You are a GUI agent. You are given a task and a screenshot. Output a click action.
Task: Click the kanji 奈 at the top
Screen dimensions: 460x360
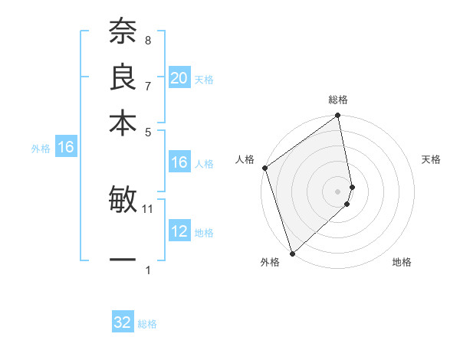pyautogui.click(x=123, y=33)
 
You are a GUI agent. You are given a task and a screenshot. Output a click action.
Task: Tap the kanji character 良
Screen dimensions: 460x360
pyautogui.click(x=123, y=78)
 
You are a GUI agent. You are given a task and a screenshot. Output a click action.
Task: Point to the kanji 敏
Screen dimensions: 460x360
pyautogui.click(x=123, y=201)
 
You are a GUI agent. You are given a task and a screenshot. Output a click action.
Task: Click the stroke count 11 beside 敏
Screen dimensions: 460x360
pyautogui.click(x=148, y=208)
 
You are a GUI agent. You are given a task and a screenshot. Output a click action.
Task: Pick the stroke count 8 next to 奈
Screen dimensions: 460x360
pyautogui.click(x=147, y=40)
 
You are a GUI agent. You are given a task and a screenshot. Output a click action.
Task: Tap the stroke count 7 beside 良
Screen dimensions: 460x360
pyautogui.click(x=147, y=85)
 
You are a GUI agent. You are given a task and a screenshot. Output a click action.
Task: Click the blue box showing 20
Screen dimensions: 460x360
pyautogui.click(x=179, y=78)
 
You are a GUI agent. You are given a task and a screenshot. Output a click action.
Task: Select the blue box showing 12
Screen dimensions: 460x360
pyautogui.click(x=179, y=231)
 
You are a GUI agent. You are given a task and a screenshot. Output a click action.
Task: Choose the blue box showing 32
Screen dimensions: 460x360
pyautogui.click(x=123, y=322)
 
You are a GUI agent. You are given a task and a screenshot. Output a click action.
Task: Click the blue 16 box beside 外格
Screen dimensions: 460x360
pyautogui.click(x=66, y=148)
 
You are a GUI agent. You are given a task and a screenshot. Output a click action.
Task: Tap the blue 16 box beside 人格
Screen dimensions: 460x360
pyautogui.click(x=179, y=162)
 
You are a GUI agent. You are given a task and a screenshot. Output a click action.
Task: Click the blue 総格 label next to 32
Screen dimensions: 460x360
pyautogui.click(x=147, y=324)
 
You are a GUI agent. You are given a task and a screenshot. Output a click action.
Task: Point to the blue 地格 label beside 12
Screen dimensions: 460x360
pyautogui.click(x=204, y=233)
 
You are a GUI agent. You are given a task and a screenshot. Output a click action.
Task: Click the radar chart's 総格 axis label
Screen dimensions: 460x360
pyautogui.click(x=338, y=100)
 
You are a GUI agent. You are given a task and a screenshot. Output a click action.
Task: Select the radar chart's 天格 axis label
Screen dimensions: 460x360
pyautogui.click(x=431, y=159)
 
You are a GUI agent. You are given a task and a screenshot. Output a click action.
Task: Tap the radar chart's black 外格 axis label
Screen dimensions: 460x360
pyautogui.click(x=270, y=263)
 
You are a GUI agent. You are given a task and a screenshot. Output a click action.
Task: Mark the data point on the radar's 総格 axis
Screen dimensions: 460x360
pyautogui.click(x=338, y=116)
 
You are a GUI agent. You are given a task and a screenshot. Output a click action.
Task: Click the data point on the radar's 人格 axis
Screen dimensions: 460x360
pyautogui.click(x=264, y=168)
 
